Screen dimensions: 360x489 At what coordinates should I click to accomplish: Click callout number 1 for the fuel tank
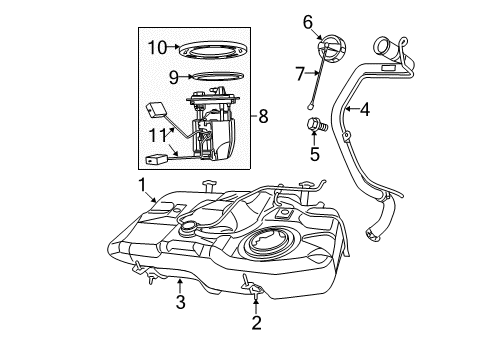pyautogui.click(x=141, y=184)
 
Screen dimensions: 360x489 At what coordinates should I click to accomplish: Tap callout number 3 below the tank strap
pyautogui.click(x=179, y=301)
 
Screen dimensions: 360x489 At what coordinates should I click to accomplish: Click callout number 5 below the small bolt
pyautogui.click(x=314, y=155)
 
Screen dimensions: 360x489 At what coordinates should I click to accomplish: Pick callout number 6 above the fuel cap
pyautogui.click(x=308, y=21)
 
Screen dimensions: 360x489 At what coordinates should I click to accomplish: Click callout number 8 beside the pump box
pyautogui.click(x=263, y=117)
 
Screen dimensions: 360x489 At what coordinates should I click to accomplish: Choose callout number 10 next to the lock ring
pyautogui.click(x=157, y=46)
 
